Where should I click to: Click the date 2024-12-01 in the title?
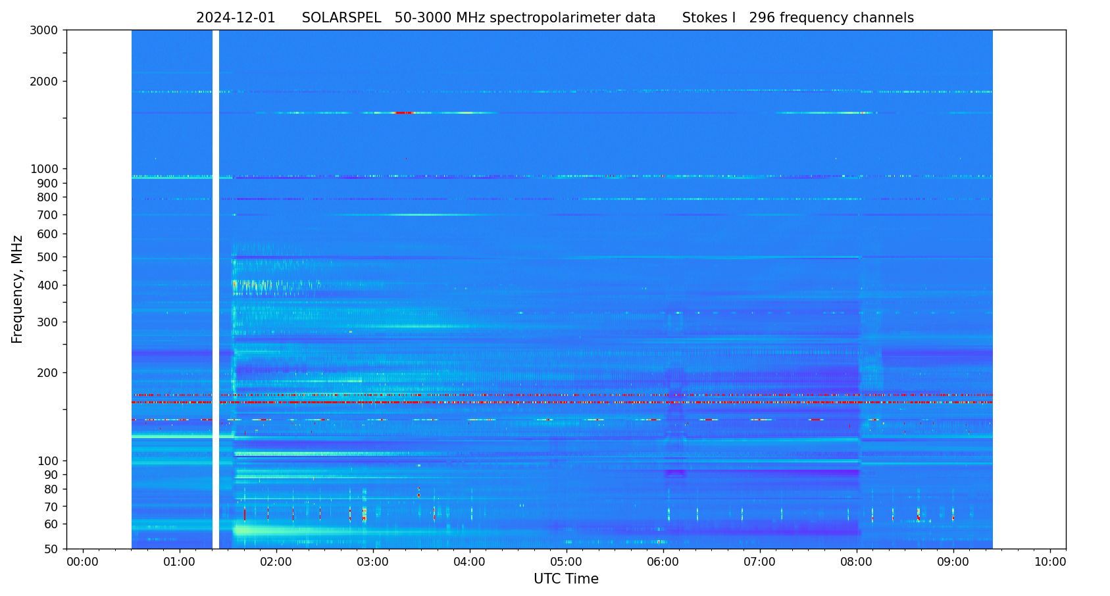[x=236, y=18]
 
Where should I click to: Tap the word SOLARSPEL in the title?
[x=341, y=18]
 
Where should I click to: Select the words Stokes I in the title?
[x=709, y=18]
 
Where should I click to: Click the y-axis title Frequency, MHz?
[x=18, y=289]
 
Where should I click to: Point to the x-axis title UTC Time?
[x=566, y=579]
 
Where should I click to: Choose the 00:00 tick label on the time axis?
[x=83, y=562]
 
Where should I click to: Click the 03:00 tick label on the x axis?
[x=373, y=562]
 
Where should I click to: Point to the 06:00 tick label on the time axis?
[x=663, y=562]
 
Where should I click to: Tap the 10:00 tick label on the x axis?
[x=1050, y=562]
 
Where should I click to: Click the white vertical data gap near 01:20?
[x=216, y=289]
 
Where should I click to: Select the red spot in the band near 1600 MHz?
[x=403, y=113]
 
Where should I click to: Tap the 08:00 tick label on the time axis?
[x=857, y=562]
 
